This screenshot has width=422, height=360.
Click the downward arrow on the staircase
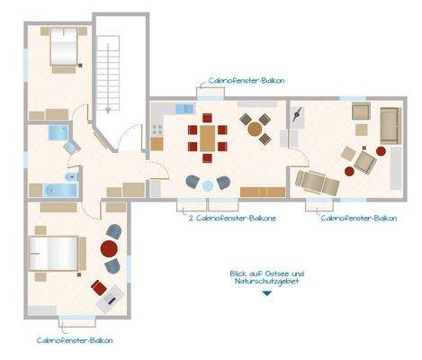pyautogui.click(x=108, y=106)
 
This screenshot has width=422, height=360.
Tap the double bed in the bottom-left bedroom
pyautogui.click(x=51, y=251)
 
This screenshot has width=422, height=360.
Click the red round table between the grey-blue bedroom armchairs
pyautogui.click(x=112, y=248)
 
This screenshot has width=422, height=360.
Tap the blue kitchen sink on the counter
pyautogui.click(x=184, y=109)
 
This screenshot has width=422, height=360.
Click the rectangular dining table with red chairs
pyautogui.click(x=208, y=139)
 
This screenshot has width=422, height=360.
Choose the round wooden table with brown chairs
pyautogui.click(x=255, y=126)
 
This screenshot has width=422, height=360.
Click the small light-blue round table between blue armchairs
pyautogui.click(x=208, y=184)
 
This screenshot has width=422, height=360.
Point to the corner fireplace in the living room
pyautogui.click(x=298, y=115)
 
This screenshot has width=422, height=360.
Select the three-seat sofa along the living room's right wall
pyautogui.click(x=391, y=125)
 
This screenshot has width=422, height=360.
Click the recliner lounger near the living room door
pyautogui.click(x=320, y=183)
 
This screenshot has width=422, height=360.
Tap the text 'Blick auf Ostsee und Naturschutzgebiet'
pyautogui.click(x=267, y=277)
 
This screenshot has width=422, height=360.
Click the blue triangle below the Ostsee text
pyautogui.click(x=267, y=292)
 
